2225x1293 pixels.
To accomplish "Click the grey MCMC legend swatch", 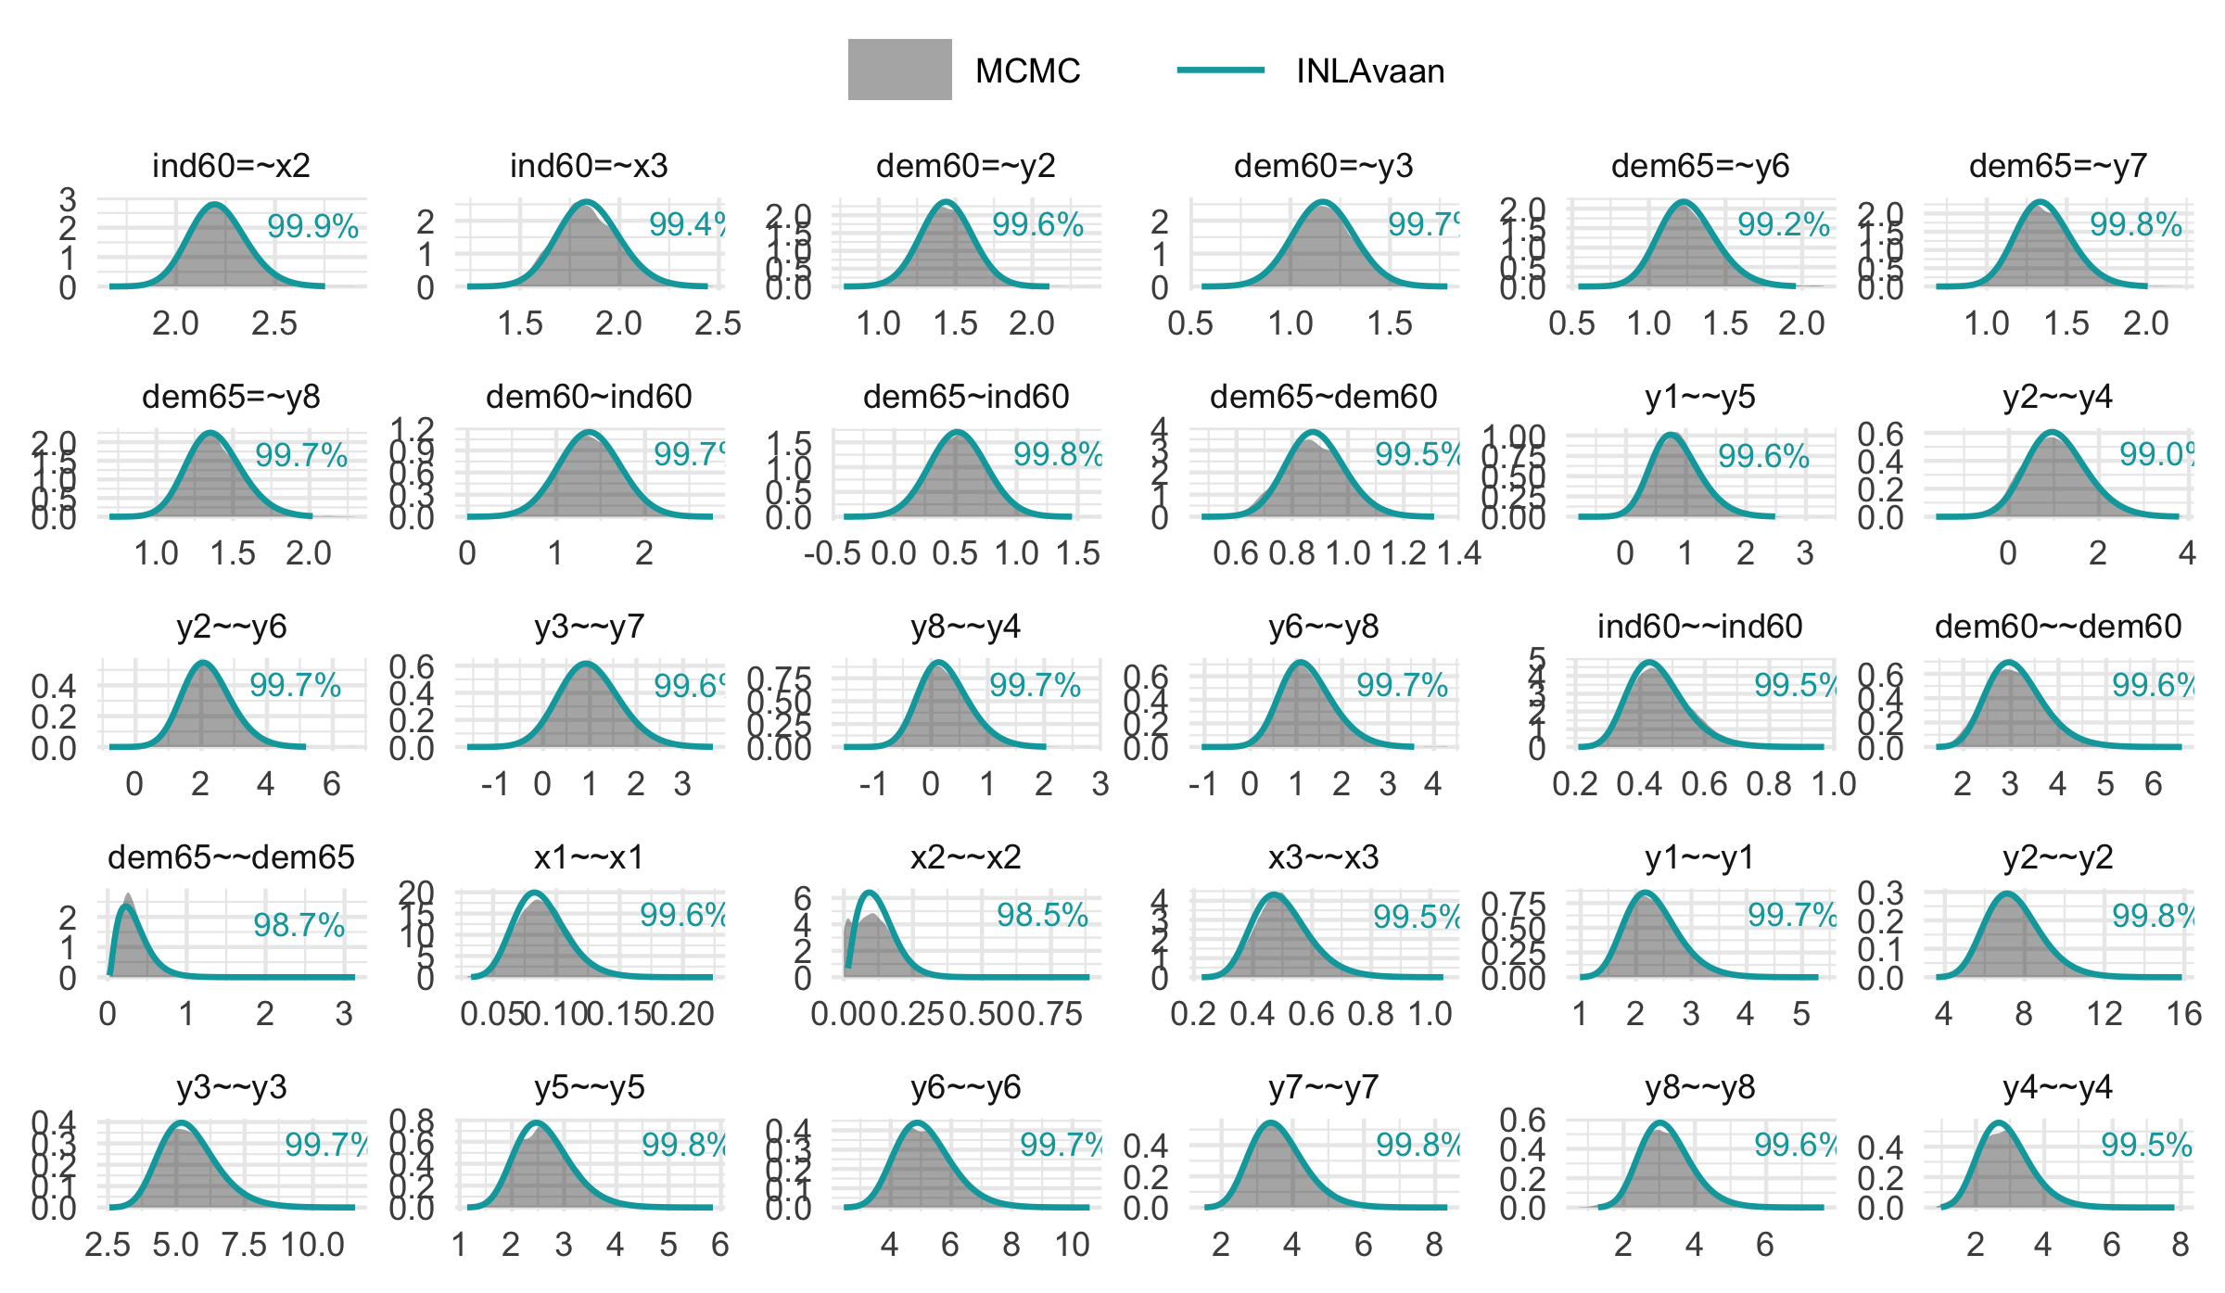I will (x=899, y=70).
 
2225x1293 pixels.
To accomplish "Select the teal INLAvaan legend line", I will (x=1220, y=70).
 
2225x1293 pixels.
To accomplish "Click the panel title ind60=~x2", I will (x=231, y=166).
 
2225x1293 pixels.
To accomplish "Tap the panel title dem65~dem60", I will (x=1323, y=397).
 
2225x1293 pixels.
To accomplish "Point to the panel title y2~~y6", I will (x=231, y=627).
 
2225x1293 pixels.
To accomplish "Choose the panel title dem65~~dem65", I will (x=231, y=857).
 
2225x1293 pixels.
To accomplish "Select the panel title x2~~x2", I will (x=965, y=857).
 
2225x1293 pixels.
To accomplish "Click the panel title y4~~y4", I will (x=2057, y=1087).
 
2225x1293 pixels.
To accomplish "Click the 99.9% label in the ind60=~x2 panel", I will (x=312, y=226).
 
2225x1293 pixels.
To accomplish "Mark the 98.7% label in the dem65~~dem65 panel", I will (x=299, y=925).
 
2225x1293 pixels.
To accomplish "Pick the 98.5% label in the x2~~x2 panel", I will (x=1042, y=915).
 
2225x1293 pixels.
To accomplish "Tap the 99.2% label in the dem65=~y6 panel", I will (x=1783, y=224).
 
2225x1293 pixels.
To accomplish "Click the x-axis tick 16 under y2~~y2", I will (x=2184, y=1014).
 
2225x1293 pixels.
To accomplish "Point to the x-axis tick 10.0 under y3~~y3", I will (x=312, y=1245).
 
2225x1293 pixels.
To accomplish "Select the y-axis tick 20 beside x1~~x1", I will (x=416, y=892).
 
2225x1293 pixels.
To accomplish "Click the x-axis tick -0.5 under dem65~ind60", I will (x=832, y=553).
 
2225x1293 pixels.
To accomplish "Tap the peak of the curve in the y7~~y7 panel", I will (x=1270, y=1124).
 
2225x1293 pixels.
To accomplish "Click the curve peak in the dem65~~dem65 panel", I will (x=126, y=906).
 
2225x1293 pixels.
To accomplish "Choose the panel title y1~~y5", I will (x=1699, y=397).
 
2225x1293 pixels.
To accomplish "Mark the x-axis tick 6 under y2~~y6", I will (x=331, y=784).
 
